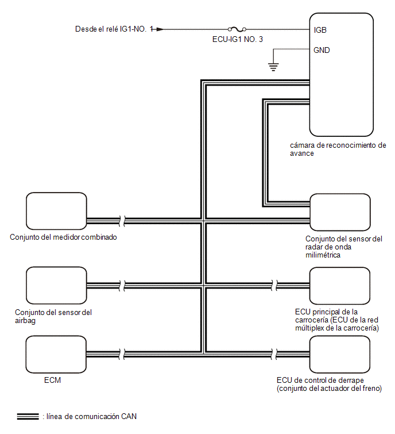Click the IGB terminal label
click(x=320, y=30)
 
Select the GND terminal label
click(x=322, y=50)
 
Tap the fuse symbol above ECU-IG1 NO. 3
click(x=237, y=29)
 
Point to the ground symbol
click(x=273, y=67)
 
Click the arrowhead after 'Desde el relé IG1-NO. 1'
click(x=160, y=29)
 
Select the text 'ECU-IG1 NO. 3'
click(x=238, y=39)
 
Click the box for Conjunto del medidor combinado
click(x=56, y=211)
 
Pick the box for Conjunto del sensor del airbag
click(x=56, y=285)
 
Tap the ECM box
click(x=56, y=355)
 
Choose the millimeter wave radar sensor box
click(x=340, y=212)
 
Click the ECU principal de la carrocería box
click(x=340, y=286)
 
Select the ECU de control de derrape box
click(x=340, y=355)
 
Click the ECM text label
click(x=52, y=380)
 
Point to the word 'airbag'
click(x=25, y=321)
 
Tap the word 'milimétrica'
click(x=323, y=255)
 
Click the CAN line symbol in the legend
click(x=28, y=416)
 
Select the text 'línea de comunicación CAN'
click(x=91, y=416)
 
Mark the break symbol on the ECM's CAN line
click(x=122, y=354)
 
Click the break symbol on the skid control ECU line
click(x=274, y=354)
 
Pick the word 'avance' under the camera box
click(x=302, y=153)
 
